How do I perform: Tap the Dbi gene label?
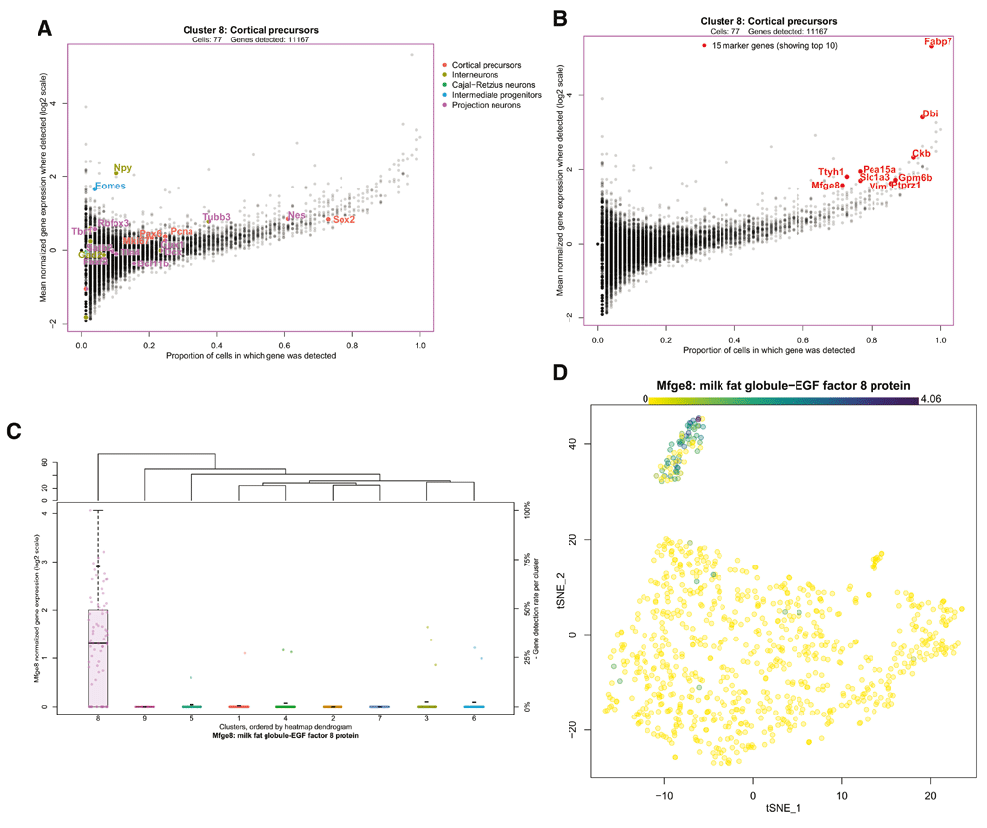(930, 114)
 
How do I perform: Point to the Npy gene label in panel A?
(122, 169)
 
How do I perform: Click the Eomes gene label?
(110, 187)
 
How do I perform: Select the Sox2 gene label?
(343, 220)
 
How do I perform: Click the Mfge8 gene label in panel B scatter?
(825, 186)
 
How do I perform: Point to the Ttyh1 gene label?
(831, 172)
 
